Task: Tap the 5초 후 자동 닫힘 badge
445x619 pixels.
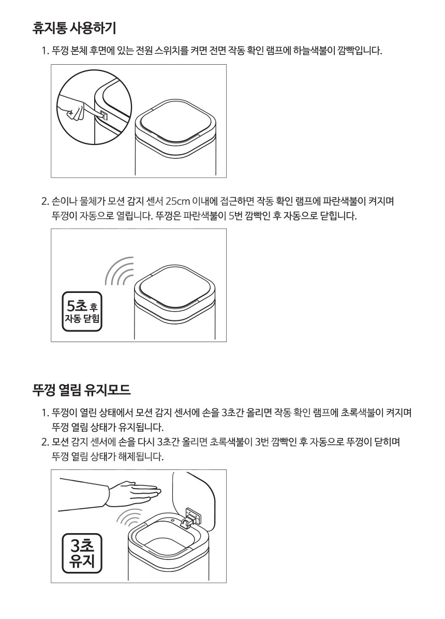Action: [82, 311]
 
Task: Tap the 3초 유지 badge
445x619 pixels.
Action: [82, 553]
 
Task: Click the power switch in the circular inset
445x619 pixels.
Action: [103, 115]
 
